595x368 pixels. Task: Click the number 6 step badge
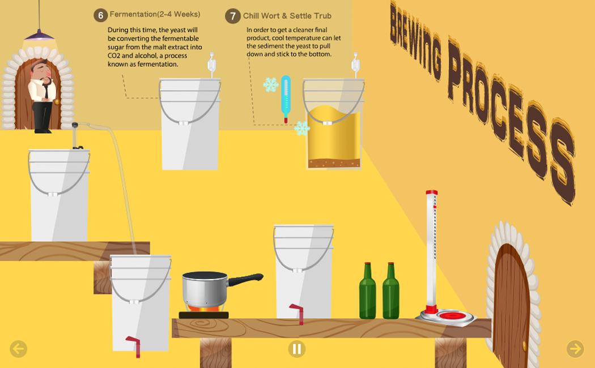point(100,15)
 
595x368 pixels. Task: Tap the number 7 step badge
point(232,16)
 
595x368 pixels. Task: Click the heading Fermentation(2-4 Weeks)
point(155,14)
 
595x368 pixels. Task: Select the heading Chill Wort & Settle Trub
point(287,16)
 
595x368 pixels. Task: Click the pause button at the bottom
point(296,349)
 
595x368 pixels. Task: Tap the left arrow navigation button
point(18,349)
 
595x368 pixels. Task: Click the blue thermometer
point(286,97)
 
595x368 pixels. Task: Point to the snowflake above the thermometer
point(271,85)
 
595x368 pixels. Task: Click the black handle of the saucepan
point(245,279)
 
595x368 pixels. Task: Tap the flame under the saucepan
point(203,309)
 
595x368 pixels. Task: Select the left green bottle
point(367,292)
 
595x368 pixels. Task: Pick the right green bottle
point(390,292)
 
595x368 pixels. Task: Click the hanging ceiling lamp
point(39,37)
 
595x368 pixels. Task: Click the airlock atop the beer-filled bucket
point(355,65)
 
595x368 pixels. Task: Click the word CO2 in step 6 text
point(115,56)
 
